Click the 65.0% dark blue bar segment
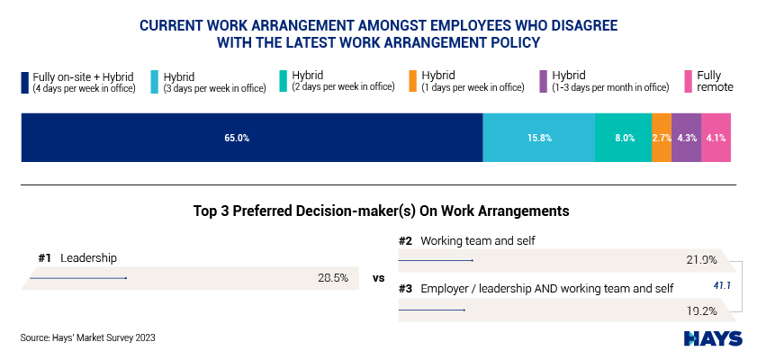pyautogui.click(x=252, y=138)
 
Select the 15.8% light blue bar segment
pyautogui.click(x=539, y=138)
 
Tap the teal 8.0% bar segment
pyautogui.click(x=623, y=138)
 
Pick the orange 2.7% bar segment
pyautogui.click(x=662, y=138)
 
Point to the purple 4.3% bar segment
pyautogui.click(x=687, y=138)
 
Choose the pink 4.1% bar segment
pyautogui.click(x=716, y=138)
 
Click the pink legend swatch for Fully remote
pyautogui.click(x=689, y=82)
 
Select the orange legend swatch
pyautogui.click(x=413, y=82)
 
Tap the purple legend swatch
pyautogui.click(x=544, y=82)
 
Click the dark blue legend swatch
pyautogui.click(x=25, y=82)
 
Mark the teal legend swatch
pyautogui.click(x=284, y=82)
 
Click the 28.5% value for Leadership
pyautogui.click(x=333, y=278)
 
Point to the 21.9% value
pyautogui.click(x=701, y=260)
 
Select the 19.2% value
pyautogui.click(x=701, y=310)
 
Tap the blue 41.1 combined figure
pyautogui.click(x=722, y=285)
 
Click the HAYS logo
pyautogui.click(x=713, y=338)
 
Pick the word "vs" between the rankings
pyautogui.click(x=378, y=278)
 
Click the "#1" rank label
pyautogui.click(x=44, y=258)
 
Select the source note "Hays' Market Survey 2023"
pyautogui.click(x=88, y=337)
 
